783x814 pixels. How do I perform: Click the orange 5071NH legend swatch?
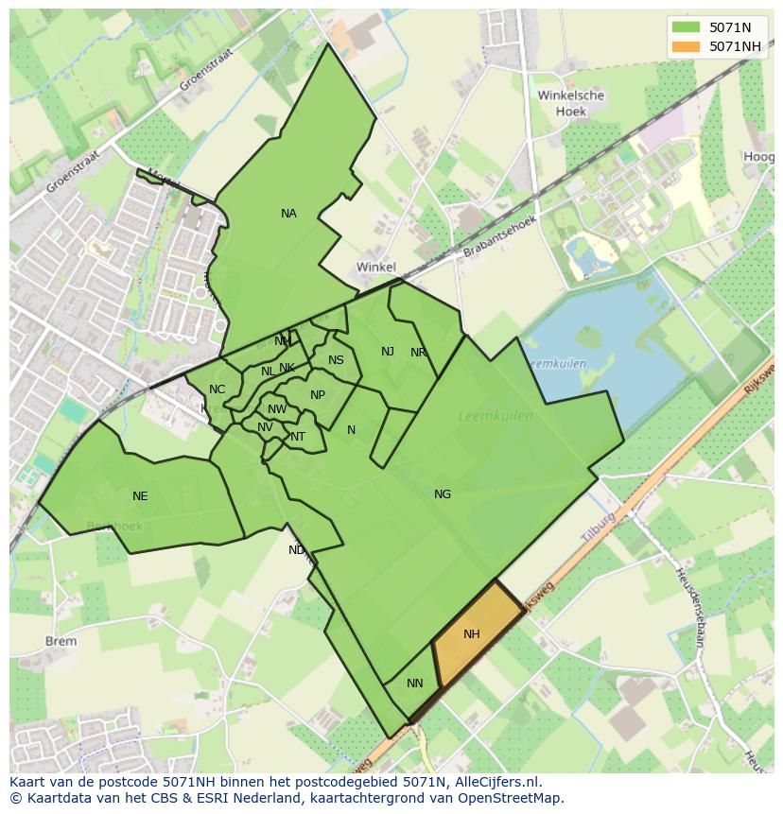687,46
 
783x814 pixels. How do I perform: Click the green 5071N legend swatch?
687,26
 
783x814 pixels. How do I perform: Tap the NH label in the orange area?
472,634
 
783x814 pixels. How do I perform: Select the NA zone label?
288,214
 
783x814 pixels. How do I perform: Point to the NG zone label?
443,494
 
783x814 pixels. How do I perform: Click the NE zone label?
140,495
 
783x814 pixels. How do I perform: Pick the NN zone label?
415,683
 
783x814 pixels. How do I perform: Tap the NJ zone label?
388,352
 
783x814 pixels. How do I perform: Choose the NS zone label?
336,360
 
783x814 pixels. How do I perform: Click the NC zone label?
217,390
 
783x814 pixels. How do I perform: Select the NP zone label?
318,395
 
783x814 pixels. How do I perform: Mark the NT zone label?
298,437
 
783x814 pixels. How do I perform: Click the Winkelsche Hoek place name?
570,103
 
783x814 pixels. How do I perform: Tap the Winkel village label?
375,268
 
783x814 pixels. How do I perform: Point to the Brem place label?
61,641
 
